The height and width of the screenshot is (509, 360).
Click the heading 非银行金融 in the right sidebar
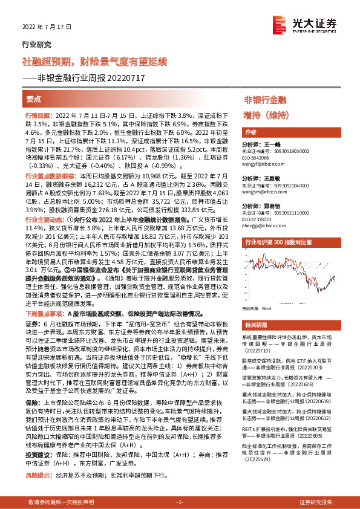point(265,99)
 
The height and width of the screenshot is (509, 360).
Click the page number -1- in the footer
point(180,502)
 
